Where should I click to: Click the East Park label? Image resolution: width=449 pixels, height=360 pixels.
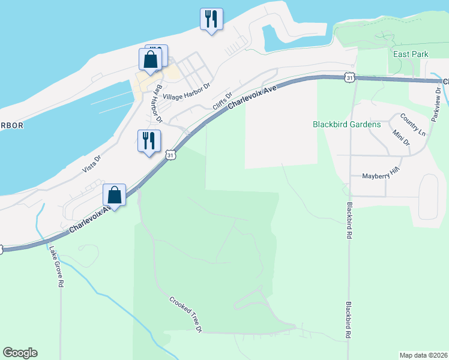(411, 54)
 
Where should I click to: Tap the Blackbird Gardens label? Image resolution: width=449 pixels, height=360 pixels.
(347, 125)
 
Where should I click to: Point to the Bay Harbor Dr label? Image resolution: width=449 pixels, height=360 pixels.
(158, 103)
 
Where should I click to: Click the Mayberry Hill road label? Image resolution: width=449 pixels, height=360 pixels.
(381, 175)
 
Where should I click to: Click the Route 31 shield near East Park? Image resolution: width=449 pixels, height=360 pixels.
(349, 77)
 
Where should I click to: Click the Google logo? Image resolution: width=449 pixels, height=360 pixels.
(20, 353)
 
